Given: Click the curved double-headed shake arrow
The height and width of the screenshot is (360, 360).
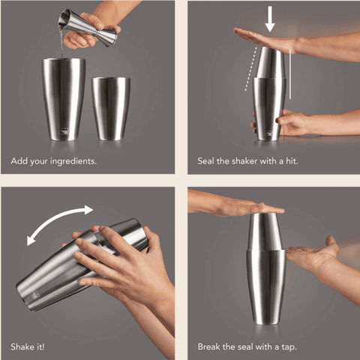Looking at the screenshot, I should coord(60,223).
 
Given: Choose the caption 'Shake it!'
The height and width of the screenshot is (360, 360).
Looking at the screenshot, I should coord(28,347).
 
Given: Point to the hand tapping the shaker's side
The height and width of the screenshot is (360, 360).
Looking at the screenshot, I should coord(315,255).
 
